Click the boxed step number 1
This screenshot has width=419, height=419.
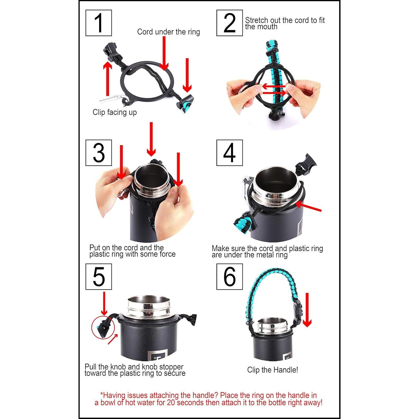[99, 23]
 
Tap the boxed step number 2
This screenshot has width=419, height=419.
[230, 23]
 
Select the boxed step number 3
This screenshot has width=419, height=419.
[99, 153]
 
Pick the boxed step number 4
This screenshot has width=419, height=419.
[230, 153]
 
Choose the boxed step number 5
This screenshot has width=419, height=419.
[99, 277]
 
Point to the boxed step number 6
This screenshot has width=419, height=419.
[230, 277]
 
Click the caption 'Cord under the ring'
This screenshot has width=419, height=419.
[168, 32]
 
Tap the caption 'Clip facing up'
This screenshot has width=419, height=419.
[115, 112]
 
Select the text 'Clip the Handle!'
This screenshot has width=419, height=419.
[273, 370]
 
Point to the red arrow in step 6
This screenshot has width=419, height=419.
[307, 310]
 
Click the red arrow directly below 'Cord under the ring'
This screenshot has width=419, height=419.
[164, 53]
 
